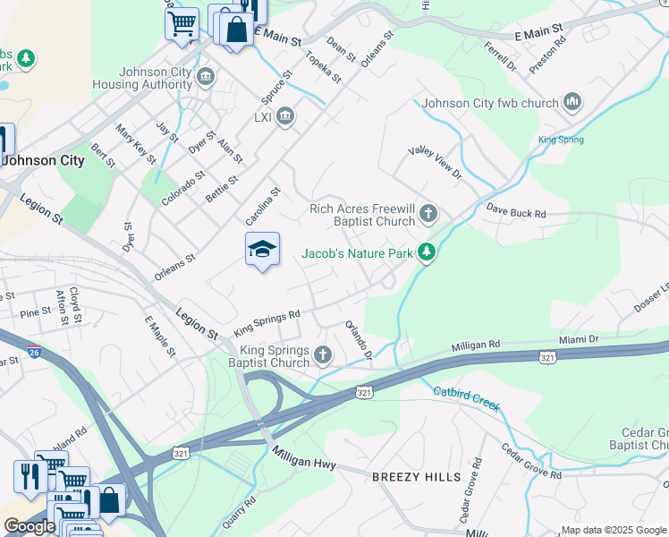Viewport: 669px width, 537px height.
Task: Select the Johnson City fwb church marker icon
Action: [573, 103]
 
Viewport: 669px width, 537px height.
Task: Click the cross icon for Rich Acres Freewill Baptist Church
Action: [429, 213]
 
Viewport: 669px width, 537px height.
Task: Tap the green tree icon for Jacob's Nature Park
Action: [428, 253]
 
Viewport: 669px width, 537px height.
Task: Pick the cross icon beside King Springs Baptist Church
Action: [323, 357]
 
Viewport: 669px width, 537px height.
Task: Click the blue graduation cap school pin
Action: [263, 250]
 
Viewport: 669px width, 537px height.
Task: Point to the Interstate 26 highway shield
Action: [34, 352]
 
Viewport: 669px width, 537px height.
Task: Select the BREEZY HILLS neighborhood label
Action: [417, 477]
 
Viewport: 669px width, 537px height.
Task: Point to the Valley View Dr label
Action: [435, 161]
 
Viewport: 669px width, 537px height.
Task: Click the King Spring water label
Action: [561, 140]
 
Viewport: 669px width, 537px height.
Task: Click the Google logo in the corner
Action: [30, 527]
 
